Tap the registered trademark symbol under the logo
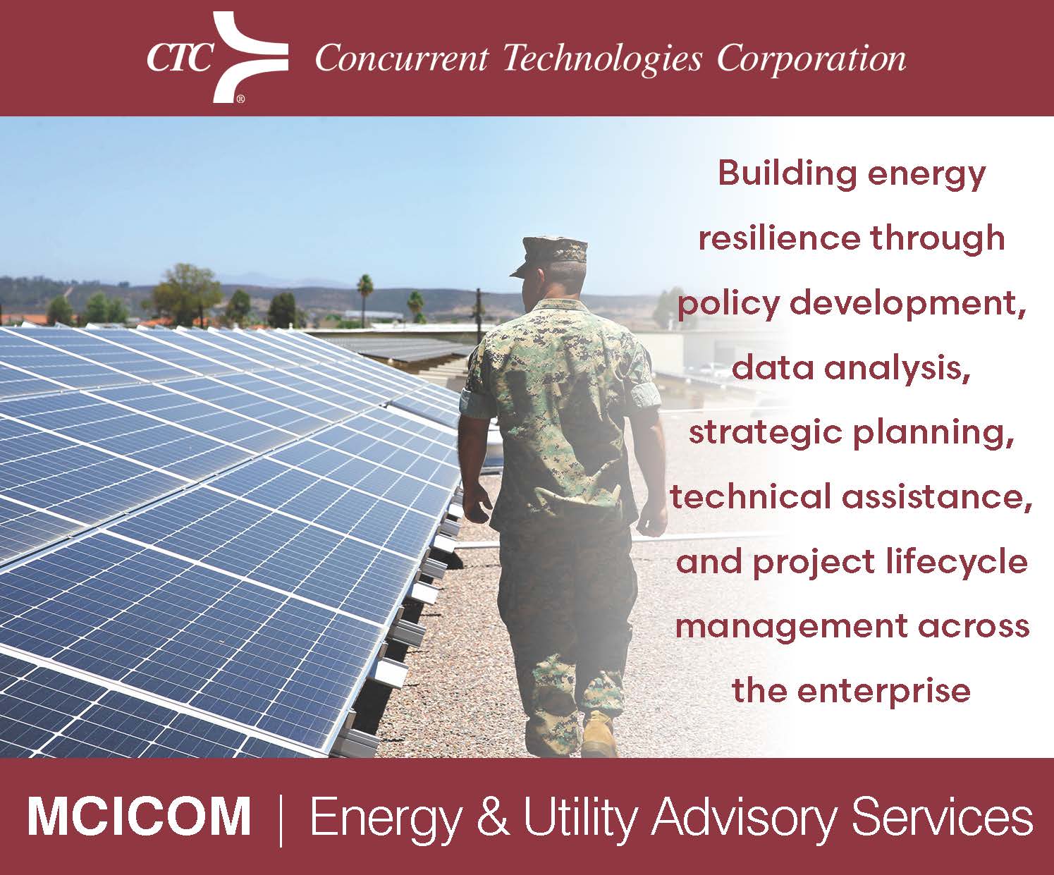[240, 99]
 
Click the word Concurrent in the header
[402, 59]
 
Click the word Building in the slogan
[787, 174]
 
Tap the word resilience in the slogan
[779, 238]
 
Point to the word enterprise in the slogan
[884, 692]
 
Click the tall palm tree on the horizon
[364, 298]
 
